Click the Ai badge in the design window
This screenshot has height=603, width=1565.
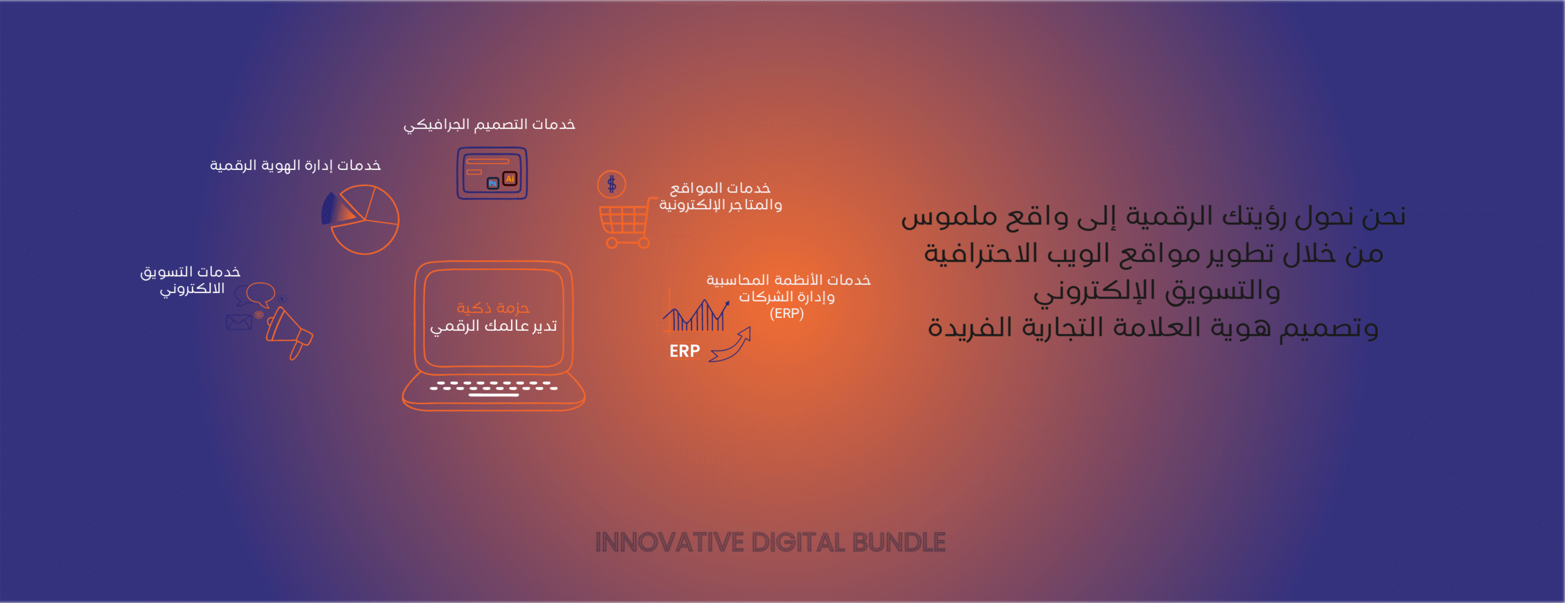pos(510,179)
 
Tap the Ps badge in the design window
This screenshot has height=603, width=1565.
pos(493,183)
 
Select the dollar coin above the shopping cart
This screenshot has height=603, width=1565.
pos(611,184)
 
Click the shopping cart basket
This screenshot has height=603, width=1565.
pos(624,219)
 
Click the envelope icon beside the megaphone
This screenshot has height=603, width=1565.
pos(238,322)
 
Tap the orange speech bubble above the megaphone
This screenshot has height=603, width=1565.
pos(261,294)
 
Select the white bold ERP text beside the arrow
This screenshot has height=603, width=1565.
pos(685,351)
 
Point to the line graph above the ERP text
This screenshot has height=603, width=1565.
pos(697,315)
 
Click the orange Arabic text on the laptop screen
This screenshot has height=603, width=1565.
pos(493,308)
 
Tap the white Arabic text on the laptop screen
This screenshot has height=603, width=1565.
pos(493,326)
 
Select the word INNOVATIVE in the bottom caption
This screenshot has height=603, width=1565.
pos(670,542)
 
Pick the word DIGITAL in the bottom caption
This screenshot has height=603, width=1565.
pos(798,542)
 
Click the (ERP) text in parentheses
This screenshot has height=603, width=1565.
pos(787,314)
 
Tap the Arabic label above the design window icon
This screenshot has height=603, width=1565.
pos(489,125)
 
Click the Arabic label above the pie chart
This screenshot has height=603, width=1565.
pos(295,166)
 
